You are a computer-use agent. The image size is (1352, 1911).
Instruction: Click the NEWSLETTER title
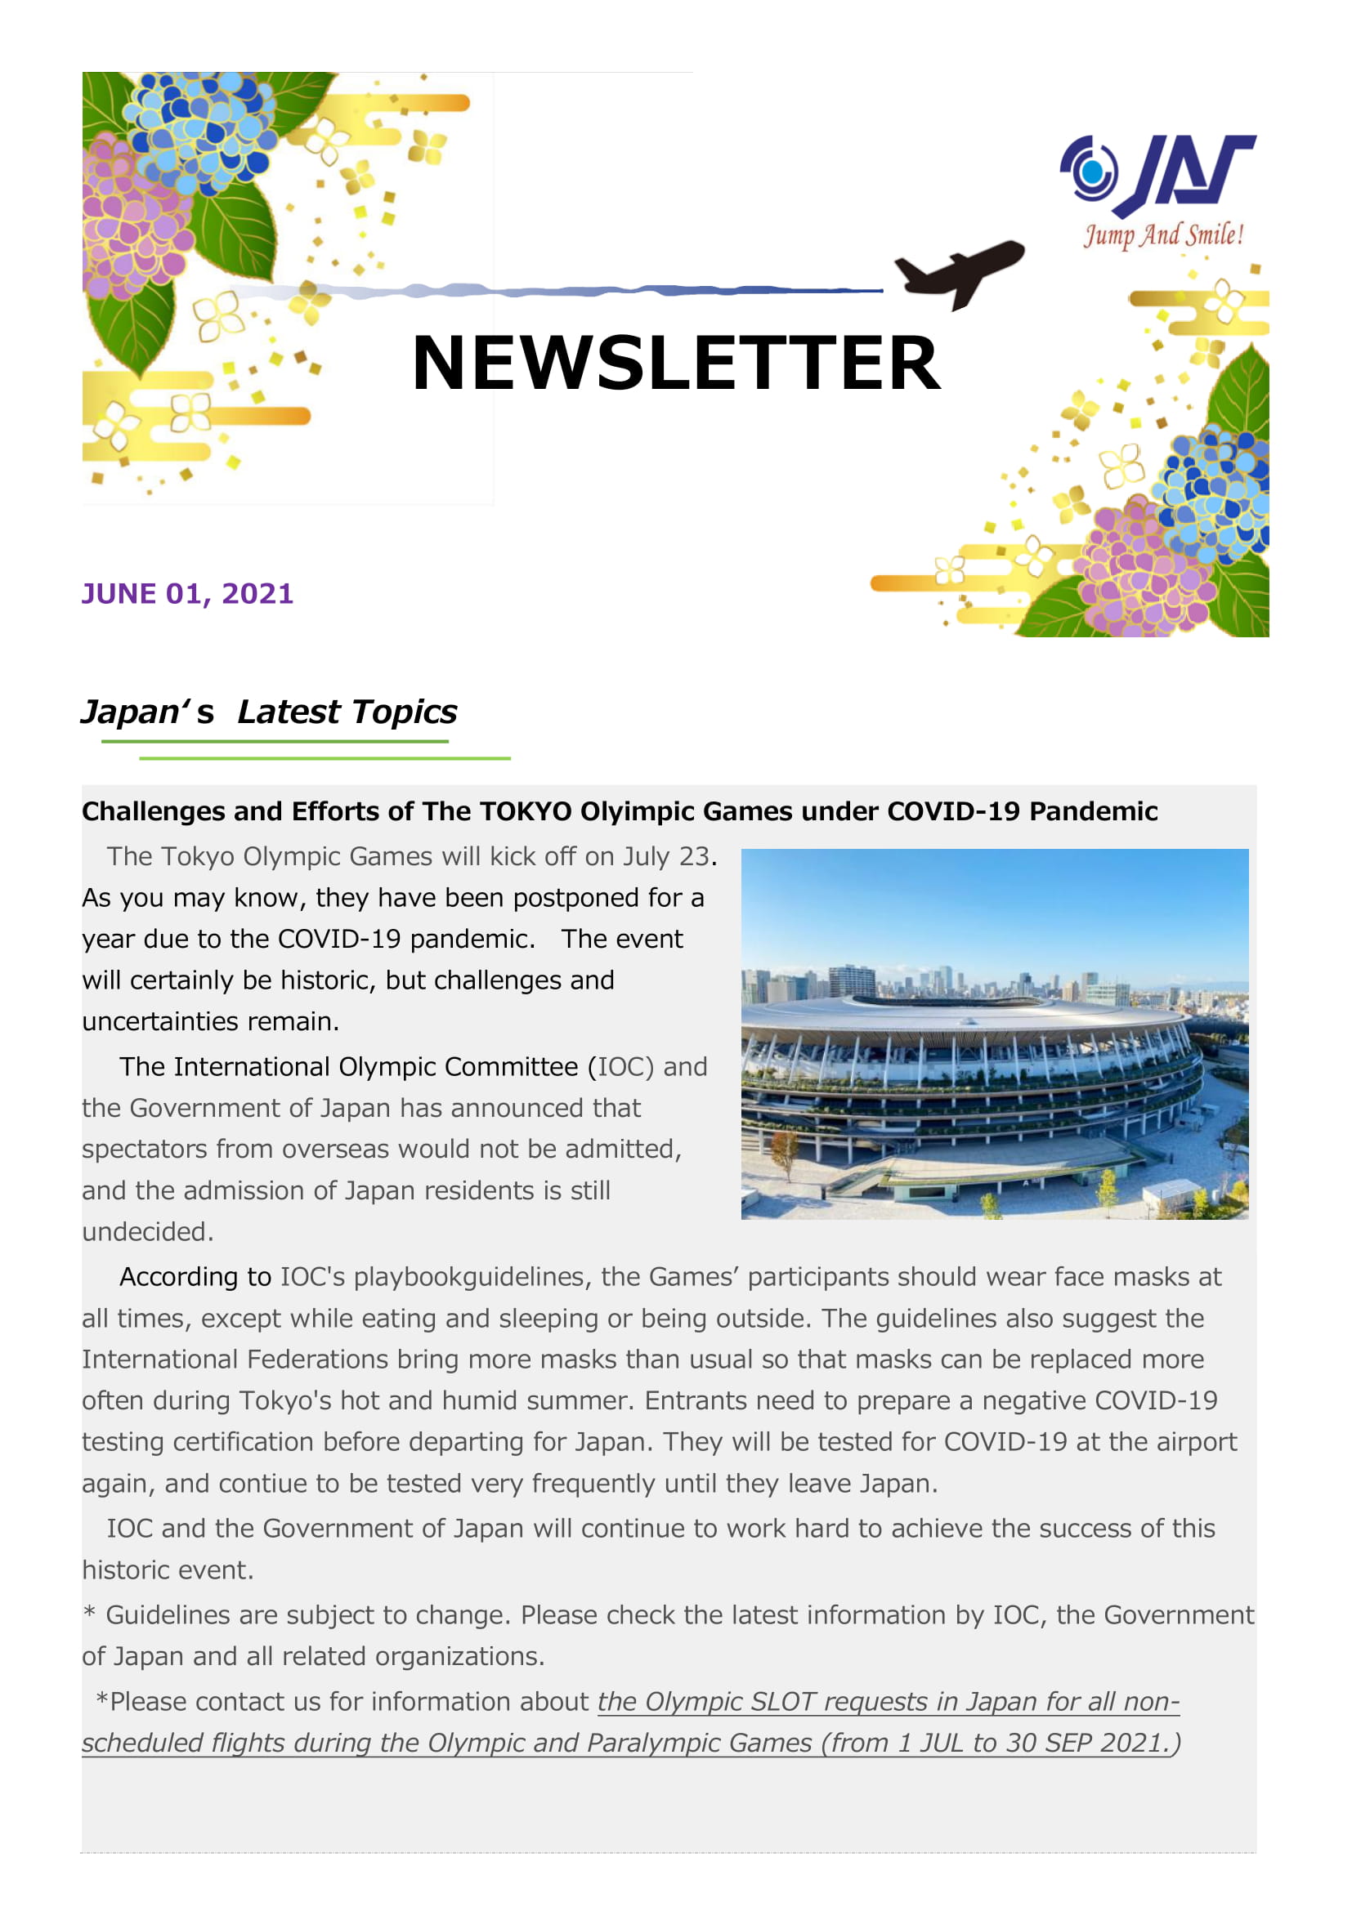coord(675,363)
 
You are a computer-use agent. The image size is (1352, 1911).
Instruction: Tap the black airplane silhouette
coord(959,271)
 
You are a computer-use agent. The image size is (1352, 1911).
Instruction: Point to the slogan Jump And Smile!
coord(1163,235)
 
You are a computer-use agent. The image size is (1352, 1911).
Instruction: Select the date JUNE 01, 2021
coord(187,593)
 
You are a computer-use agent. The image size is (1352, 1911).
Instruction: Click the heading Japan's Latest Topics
coord(269,712)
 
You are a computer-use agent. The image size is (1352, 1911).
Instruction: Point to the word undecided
coord(147,1232)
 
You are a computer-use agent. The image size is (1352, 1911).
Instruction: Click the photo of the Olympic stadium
coord(994,1034)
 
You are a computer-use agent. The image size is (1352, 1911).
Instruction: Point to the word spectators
coord(145,1150)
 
